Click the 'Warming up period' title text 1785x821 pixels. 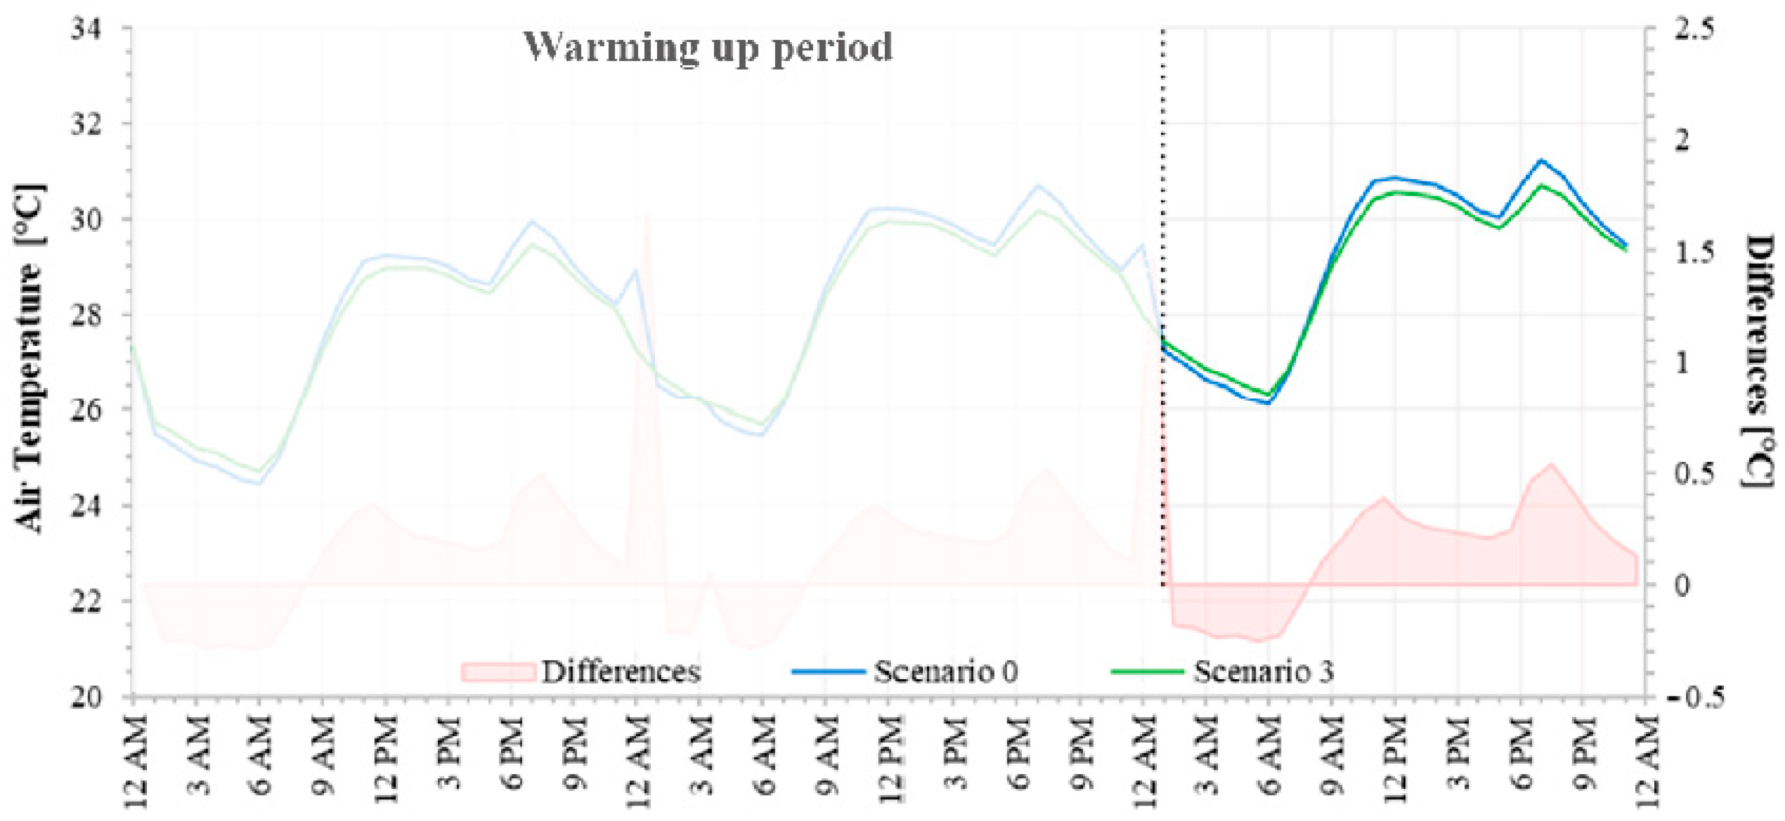tap(707, 47)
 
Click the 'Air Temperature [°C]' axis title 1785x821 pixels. tap(29, 359)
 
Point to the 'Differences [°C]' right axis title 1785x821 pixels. tap(1757, 360)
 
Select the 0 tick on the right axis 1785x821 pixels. tap(1677, 585)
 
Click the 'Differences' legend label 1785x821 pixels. tap(621, 671)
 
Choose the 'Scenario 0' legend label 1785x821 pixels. tap(945, 671)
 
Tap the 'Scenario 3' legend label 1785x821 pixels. tap(1263, 671)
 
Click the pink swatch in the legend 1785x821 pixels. tap(498, 671)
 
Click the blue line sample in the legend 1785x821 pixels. tap(829, 671)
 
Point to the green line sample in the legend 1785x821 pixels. tap(1147, 671)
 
